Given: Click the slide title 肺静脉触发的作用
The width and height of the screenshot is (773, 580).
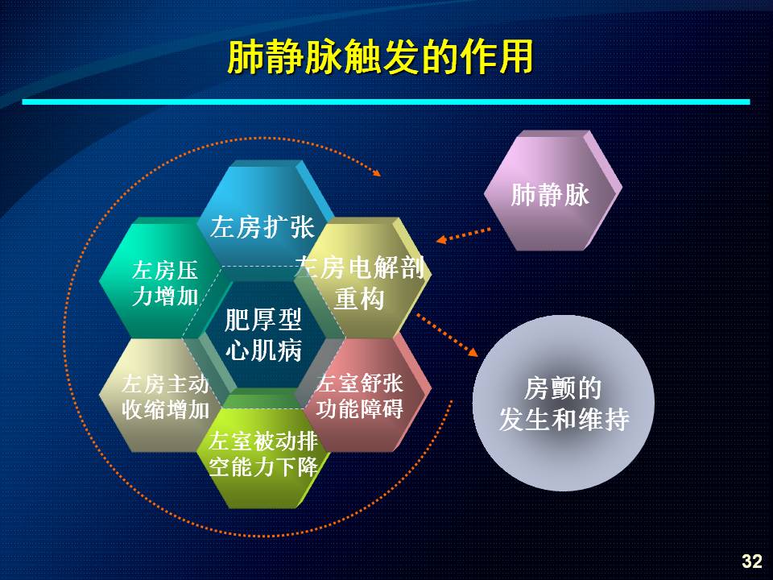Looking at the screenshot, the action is coord(380,57).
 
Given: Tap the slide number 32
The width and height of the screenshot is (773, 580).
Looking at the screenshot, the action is coord(752,561).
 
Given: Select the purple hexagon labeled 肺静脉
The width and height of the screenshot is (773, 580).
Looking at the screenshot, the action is coord(552,190).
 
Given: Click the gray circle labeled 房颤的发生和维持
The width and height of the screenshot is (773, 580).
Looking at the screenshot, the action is coord(564,403).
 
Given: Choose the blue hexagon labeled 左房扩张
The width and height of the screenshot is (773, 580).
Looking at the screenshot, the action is coord(264,217).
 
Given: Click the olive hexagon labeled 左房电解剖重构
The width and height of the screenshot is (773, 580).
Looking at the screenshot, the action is coord(365,279).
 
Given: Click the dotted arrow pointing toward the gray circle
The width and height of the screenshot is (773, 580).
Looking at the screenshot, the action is coord(447,334).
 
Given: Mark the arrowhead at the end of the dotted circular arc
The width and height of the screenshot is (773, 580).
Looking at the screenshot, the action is coord(377,172).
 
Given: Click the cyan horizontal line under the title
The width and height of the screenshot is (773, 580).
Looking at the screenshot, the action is coord(386,101).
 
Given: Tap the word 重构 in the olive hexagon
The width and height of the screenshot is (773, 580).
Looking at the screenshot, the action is coord(359,299).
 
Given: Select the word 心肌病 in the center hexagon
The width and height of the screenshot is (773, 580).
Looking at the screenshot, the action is coord(264,350).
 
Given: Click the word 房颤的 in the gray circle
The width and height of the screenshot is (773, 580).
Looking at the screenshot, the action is coord(563,388).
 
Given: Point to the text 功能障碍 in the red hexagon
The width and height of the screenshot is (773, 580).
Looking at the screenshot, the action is coord(359,409).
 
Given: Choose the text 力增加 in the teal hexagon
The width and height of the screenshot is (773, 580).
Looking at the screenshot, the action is coord(165,296).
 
